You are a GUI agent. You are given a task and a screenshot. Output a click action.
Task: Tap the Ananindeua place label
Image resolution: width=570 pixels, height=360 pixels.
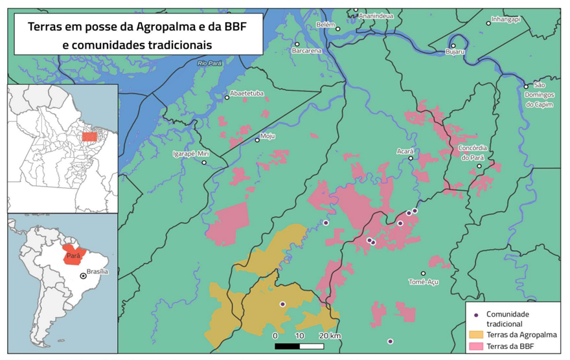(376, 16)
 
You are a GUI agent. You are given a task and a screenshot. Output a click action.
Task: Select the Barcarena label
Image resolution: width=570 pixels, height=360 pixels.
(306, 51)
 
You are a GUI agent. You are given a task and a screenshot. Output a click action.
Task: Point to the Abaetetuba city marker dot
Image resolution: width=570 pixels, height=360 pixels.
(227, 97)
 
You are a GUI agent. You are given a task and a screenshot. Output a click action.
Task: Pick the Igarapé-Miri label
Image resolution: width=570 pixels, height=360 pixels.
(191, 153)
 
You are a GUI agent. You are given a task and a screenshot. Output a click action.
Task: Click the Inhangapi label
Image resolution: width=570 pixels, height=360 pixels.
(506, 19)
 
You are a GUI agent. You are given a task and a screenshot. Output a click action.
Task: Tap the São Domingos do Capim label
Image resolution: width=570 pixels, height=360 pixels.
(543, 95)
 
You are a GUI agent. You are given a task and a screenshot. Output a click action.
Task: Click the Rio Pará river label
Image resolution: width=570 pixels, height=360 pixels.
(211, 63)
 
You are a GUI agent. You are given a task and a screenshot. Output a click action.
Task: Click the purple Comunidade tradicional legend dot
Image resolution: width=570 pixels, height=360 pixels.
(476, 315)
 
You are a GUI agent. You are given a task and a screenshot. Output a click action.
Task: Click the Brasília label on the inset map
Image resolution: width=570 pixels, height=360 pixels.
(97, 272)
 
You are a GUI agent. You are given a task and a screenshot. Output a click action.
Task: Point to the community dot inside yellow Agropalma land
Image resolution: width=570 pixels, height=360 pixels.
(282, 304)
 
